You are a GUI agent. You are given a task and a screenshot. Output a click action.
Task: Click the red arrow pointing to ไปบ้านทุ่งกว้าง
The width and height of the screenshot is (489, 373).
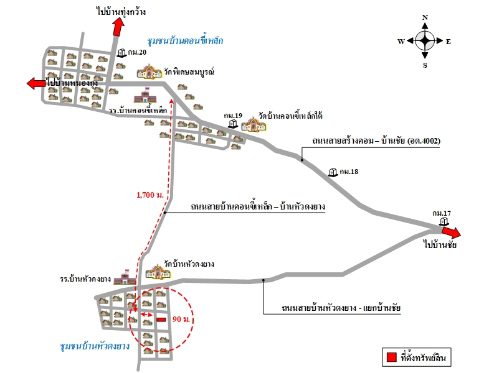pyautogui.click(x=118, y=27)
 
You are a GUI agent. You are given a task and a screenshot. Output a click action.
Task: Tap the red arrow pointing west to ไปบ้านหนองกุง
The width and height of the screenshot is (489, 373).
pyautogui.click(x=36, y=83)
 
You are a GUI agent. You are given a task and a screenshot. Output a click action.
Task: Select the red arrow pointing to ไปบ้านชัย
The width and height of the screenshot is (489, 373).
pyautogui.click(x=451, y=233)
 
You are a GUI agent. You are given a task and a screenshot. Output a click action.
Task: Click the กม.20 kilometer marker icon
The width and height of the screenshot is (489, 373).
pyautogui.click(x=122, y=53)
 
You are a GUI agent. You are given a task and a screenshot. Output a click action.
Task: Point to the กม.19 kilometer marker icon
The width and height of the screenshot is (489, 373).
pyautogui.click(x=232, y=124)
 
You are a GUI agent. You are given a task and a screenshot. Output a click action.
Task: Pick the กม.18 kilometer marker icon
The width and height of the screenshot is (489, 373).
pyautogui.click(x=333, y=172)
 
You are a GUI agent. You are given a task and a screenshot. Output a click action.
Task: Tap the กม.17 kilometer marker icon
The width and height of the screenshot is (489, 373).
pyautogui.click(x=444, y=222)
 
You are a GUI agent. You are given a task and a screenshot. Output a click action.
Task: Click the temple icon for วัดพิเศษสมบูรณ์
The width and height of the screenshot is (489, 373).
pyautogui.click(x=150, y=71)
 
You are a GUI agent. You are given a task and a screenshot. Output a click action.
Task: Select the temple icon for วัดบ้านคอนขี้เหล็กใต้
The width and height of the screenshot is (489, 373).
pyautogui.click(x=255, y=124)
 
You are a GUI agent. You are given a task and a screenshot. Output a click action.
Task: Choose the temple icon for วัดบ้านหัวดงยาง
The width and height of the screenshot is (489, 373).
pyautogui.click(x=158, y=272)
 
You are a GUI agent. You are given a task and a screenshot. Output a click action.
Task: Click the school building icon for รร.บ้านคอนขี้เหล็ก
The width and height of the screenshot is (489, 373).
pyautogui.click(x=145, y=94)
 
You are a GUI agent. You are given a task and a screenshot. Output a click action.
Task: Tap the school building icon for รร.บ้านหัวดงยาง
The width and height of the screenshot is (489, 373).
pyautogui.click(x=125, y=277)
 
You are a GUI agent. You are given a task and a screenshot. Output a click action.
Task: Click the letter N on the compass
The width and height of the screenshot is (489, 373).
pyautogui.click(x=425, y=17)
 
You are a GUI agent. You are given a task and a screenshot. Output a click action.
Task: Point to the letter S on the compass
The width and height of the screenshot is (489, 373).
pyautogui.click(x=425, y=65)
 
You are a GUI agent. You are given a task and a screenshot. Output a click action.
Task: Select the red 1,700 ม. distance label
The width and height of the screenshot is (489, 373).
pyautogui.click(x=150, y=195)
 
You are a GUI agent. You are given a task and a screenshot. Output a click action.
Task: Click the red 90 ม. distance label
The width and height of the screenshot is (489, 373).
pyautogui.click(x=181, y=319)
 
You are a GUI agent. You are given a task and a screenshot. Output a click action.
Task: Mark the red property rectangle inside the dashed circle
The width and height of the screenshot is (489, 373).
pyautogui.click(x=161, y=320)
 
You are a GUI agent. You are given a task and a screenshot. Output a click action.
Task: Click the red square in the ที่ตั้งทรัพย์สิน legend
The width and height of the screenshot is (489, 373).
pyautogui.click(x=391, y=357)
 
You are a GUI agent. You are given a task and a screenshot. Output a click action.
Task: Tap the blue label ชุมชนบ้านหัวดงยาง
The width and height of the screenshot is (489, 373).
pyautogui.click(x=95, y=346)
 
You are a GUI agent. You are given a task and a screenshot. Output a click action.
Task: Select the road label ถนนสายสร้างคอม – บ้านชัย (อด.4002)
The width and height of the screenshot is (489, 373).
pyautogui.click(x=376, y=141)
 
